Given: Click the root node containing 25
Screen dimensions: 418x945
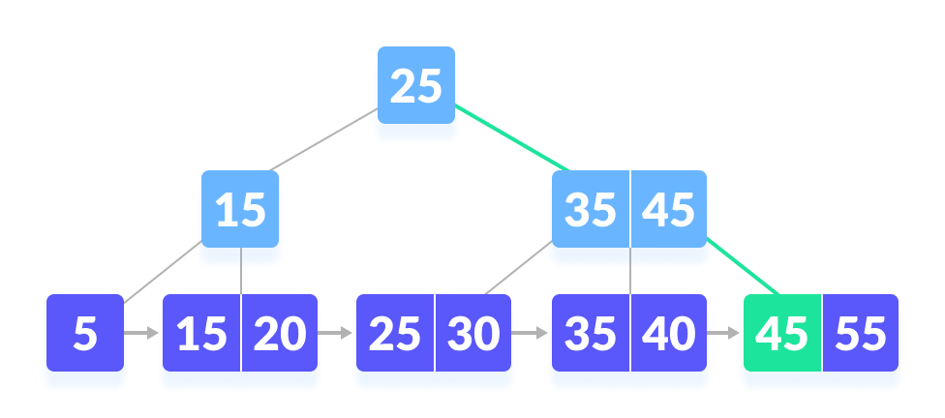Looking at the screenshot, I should pyautogui.click(x=415, y=88).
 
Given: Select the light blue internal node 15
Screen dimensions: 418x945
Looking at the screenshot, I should pyautogui.click(x=240, y=210).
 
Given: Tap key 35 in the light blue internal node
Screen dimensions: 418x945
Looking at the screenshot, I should pyautogui.click(x=590, y=210).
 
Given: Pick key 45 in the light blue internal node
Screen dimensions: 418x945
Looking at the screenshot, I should pyautogui.click(x=669, y=210).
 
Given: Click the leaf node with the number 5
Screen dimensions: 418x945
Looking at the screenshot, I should pyautogui.click(x=85, y=334).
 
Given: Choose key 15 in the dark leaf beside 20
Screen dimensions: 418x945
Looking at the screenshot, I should pyautogui.click(x=200, y=334).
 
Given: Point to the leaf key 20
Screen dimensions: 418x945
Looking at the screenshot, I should pyautogui.click(x=280, y=334).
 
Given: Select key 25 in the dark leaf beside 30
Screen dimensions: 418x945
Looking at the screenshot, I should pyautogui.click(x=395, y=334).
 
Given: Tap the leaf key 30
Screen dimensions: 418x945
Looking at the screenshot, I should pyautogui.click(x=473, y=334).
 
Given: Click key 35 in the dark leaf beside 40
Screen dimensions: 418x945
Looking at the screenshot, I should pyautogui.click(x=590, y=334).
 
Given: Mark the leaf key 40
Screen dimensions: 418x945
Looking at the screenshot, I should pyautogui.click(x=669, y=334).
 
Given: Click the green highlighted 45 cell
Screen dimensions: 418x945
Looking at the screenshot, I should pyautogui.click(x=781, y=334).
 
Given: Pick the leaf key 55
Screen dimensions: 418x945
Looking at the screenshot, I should pyautogui.click(x=861, y=334).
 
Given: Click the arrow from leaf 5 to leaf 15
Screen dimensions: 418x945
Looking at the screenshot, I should pyautogui.click(x=142, y=334).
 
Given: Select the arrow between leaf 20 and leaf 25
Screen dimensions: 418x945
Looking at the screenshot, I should pyautogui.click(x=336, y=334).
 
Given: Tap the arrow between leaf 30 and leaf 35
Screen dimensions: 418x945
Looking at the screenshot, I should pyautogui.click(x=531, y=334).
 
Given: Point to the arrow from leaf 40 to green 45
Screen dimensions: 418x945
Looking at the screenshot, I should pyautogui.click(x=724, y=334).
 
